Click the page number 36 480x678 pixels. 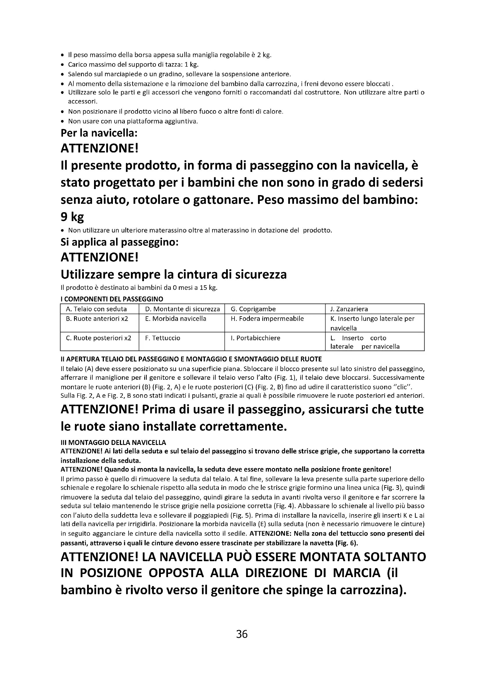pyautogui.click(x=242, y=634)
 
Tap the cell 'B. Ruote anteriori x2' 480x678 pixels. pyautogui.click(x=97, y=319)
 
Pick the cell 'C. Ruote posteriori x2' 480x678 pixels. pyautogui.click(x=98, y=338)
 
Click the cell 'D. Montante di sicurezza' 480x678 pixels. pyautogui.click(x=182, y=309)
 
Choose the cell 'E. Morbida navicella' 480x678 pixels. pyautogui.click(x=176, y=319)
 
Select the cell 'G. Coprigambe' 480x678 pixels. pyautogui.click(x=253, y=309)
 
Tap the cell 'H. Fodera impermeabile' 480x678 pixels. pyautogui.click(x=267, y=319)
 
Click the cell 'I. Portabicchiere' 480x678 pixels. pyautogui.click(x=255, y=338)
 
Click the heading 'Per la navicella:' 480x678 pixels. pyautogui.click(x=99, y=133)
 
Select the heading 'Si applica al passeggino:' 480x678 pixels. pyautogui.click(x=119, y=242)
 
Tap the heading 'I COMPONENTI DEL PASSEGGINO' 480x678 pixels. pyautogui.click(x=112, y=299)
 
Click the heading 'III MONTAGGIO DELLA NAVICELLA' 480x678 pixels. pyautogui.click(x=113, y=442)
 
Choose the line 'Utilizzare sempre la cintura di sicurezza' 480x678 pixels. pyautogui.click(x=174, y=275)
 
